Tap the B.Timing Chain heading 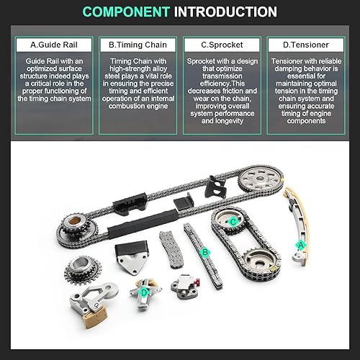136,45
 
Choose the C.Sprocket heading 223,45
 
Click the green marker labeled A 301,245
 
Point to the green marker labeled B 205,252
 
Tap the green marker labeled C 232,222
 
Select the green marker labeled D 144,292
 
